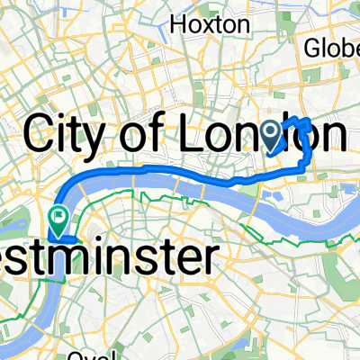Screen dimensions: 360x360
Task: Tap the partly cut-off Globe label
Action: point(332,48)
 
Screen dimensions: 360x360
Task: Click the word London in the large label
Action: point(270,135)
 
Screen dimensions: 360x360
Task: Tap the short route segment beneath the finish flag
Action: point(61,239)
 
